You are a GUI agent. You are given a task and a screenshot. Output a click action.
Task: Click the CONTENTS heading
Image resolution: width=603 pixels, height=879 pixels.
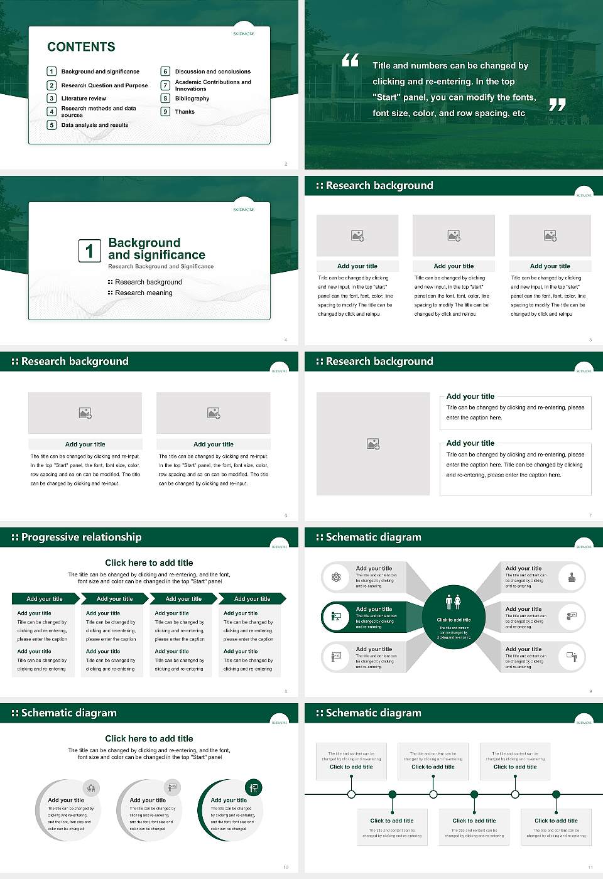click(x=81, y=47)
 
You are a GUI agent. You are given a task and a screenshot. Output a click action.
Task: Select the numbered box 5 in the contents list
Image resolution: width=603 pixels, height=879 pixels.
click(x=52, y=125)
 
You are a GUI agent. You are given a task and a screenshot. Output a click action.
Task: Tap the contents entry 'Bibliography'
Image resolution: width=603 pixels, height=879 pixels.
click(x=192, y=99)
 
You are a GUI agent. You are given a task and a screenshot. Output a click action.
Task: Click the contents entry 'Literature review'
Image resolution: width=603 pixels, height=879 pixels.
click(x=84, y=99)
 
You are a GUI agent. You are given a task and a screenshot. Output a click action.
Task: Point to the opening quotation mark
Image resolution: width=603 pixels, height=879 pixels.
click(x=350, y=60)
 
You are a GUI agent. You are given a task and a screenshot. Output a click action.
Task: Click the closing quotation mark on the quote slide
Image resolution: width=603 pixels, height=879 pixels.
click(x=557, y=105)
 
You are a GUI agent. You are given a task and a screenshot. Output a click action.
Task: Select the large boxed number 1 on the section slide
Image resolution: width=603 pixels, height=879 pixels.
click(x=89, y=251)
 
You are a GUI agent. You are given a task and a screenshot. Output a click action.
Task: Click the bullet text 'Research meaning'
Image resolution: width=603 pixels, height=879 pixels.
click(x=143, y=293)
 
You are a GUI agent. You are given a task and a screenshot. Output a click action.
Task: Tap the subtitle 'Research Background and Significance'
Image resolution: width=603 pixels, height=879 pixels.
click(x=161, y=267)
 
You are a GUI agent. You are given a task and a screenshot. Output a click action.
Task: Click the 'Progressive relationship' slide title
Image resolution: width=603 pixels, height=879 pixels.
click(x=81, y=537)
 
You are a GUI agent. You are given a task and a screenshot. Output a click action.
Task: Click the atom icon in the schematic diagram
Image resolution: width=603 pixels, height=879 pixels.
click(x=336, y=577)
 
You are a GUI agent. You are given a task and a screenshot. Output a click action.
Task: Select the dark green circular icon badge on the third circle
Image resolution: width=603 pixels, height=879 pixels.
click(x=254, y=787)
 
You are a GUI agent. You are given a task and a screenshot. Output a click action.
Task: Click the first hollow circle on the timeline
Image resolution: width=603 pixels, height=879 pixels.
click(x=351, y=794)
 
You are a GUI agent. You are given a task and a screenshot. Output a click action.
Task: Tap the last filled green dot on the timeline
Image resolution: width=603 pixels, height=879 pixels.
click(x=556, y=794)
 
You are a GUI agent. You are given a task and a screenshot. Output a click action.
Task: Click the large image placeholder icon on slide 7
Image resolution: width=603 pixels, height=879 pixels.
click(x=373, y=444)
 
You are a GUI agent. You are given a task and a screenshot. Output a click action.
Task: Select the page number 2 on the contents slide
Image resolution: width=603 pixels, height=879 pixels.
click(x=286, y=164)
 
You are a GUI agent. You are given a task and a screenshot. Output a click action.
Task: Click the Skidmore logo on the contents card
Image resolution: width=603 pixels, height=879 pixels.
click(x=244, y=34)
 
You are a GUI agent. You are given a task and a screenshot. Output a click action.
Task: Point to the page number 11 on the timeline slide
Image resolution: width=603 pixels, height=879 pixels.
click(x=590, y=867)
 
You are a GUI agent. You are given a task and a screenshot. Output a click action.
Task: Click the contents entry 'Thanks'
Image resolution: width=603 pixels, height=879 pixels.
click(x=185, y=112)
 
